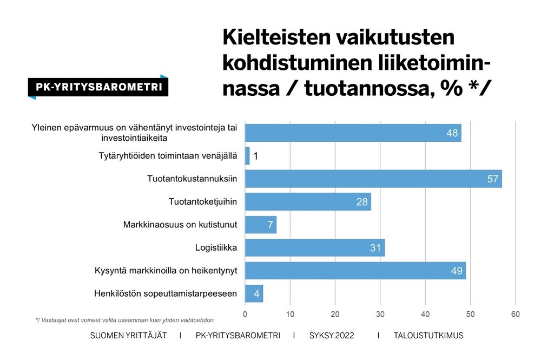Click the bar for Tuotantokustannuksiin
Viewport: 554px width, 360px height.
[x=373, y=179]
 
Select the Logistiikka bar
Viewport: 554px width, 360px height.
[x=315, y=248]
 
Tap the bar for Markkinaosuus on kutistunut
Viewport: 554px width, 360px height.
[x=261, y=225]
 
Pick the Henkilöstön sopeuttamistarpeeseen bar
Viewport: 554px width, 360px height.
[x=254, y=293]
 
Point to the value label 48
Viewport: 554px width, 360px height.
[x=452, y=133]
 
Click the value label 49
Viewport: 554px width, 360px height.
[x=457, y=271]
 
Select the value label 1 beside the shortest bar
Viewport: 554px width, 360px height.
[x=256, y=156]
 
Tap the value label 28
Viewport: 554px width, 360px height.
[x=362, y=202]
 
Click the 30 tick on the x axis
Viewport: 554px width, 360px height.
[x=380, y=314]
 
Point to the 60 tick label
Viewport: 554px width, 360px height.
[x=515, y=314]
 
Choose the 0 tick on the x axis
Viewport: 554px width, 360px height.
[x=245, y=314]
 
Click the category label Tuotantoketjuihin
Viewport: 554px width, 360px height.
[x=203, y=202]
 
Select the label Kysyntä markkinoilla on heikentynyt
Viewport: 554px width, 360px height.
[x=166, y=271]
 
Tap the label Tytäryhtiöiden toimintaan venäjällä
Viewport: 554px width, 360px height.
[x=168, y=156]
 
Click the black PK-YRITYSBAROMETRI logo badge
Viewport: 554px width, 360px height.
[x=98, y=87]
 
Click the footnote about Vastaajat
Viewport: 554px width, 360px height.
[x=124, y=320]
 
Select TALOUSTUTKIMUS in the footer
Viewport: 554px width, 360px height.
[x=428, y=336]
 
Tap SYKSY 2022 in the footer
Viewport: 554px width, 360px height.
[x=331, y=336]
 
